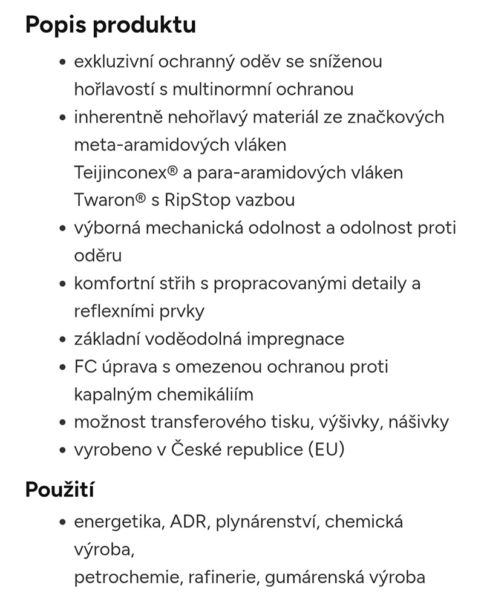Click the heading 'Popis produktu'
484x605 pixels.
[110, 25]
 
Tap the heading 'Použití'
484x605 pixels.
[59, 489]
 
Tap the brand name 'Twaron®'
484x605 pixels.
[107, 200]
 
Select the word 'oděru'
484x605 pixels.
[97, 255]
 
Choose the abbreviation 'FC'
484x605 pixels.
[84, 367]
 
